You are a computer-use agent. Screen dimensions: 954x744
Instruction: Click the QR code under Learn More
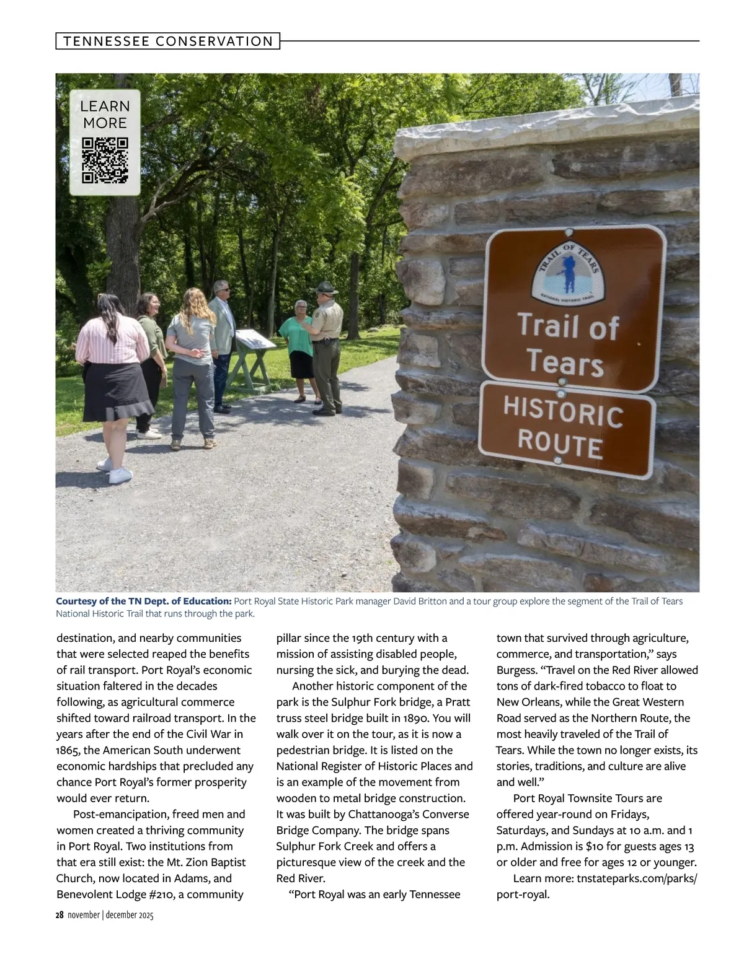105,160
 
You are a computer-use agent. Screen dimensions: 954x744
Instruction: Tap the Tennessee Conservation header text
168,42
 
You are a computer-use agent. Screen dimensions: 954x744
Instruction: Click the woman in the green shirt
300,350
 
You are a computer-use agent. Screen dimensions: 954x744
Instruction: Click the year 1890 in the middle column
416,718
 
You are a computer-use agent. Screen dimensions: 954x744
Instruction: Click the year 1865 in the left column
69,750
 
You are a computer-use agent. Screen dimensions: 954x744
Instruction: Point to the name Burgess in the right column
516,670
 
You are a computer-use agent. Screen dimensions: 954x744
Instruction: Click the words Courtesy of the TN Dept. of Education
144,602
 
